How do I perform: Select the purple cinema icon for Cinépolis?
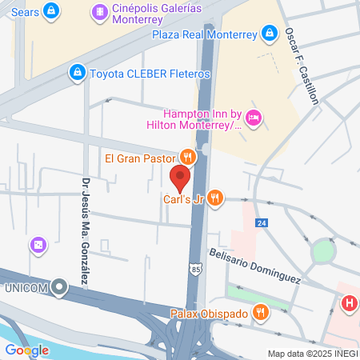(x=98, y=11)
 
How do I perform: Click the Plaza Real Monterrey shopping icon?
(x=270, y=34)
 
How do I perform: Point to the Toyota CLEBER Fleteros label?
(x=150, y=74)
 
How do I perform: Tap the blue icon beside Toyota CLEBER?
(x=77, y=73)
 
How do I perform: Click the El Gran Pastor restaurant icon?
(x=187, y=157)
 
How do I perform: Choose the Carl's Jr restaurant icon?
(x=214, y=198)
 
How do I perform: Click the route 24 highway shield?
(x=262, y=223)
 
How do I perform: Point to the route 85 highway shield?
(x=196, y=269)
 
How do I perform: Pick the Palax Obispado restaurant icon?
(x=260, y=312)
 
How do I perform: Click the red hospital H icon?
(x=349, y=304)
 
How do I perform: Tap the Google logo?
(x=26, y=350)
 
